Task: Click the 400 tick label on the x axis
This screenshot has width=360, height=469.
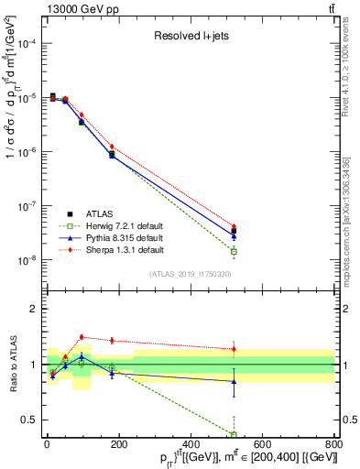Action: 191,445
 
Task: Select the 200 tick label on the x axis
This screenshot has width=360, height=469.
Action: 119,445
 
